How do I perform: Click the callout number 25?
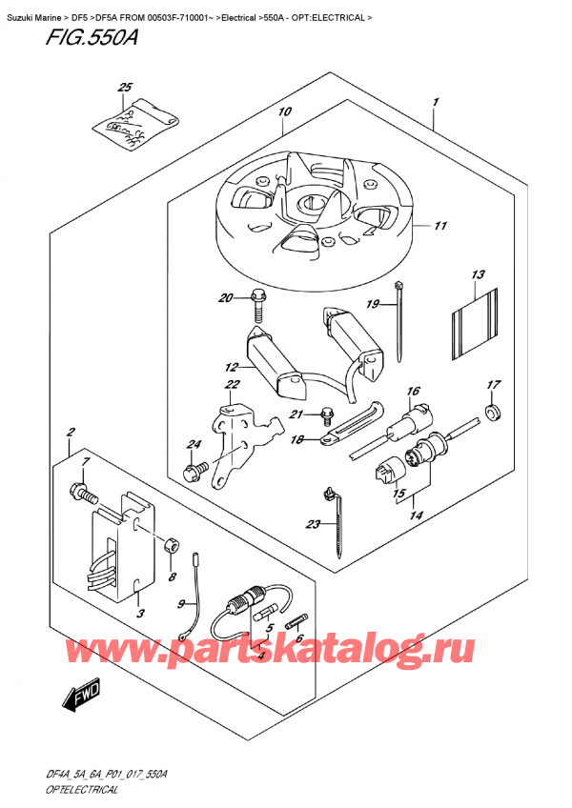coord(123,89)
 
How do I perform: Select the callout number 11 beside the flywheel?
coord(439,226)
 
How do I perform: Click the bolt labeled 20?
coord(257,304)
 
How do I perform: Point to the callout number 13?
coord(478,275)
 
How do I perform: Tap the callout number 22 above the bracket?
coord(232,384)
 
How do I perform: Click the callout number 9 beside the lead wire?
coord(178,603)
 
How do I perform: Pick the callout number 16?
coord(413,392)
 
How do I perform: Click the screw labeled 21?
coord(327,414)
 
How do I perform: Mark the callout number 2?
coord(71,435)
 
